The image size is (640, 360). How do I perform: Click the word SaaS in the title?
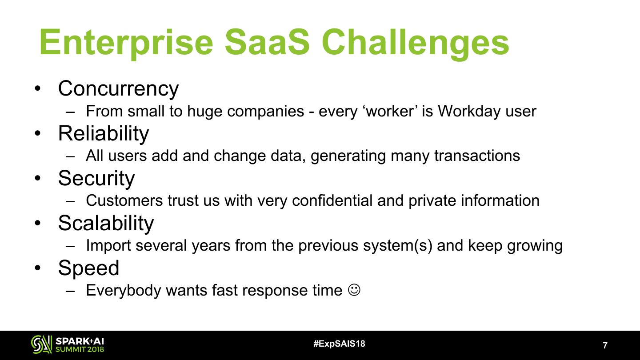[267, 42]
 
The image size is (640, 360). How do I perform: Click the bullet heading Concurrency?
[118, 89]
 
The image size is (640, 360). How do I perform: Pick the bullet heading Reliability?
[104, 133]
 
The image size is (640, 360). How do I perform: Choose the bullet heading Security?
[96, 179]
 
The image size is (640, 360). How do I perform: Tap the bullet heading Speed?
[88, 268]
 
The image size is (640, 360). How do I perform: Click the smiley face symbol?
[354, 290]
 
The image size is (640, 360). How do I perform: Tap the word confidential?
[332, 200]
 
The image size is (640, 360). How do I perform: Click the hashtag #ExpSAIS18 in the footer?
[339, 344]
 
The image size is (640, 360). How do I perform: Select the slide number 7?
[605, 345]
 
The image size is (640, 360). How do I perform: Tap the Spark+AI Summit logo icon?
[41, 344]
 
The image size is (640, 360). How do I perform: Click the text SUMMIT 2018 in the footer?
[80, 349]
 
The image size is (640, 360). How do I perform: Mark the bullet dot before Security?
[37, 178]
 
